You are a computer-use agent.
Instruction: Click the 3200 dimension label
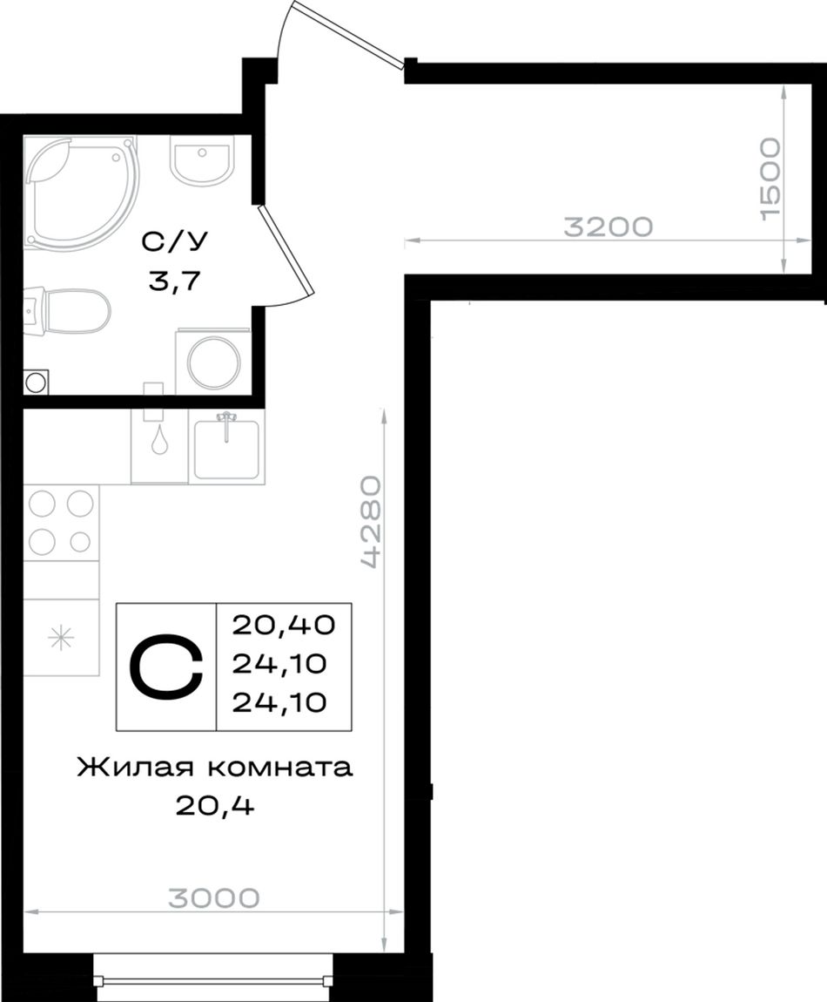608,227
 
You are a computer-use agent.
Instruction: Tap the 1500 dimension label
770,179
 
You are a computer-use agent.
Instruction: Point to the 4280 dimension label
371,522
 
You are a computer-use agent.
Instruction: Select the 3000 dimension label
214,897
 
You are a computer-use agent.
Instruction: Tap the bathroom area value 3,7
174,280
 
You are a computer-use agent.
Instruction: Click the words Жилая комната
214,768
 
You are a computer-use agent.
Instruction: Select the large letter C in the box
166,666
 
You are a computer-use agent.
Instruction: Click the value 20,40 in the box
284,625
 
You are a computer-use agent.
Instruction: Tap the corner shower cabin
80,190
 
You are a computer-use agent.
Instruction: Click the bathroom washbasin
200,158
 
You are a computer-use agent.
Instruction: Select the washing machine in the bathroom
212,361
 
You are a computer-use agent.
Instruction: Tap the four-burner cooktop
61,523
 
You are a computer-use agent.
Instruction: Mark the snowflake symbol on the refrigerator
62,638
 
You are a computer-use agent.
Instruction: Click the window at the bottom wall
214,979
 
